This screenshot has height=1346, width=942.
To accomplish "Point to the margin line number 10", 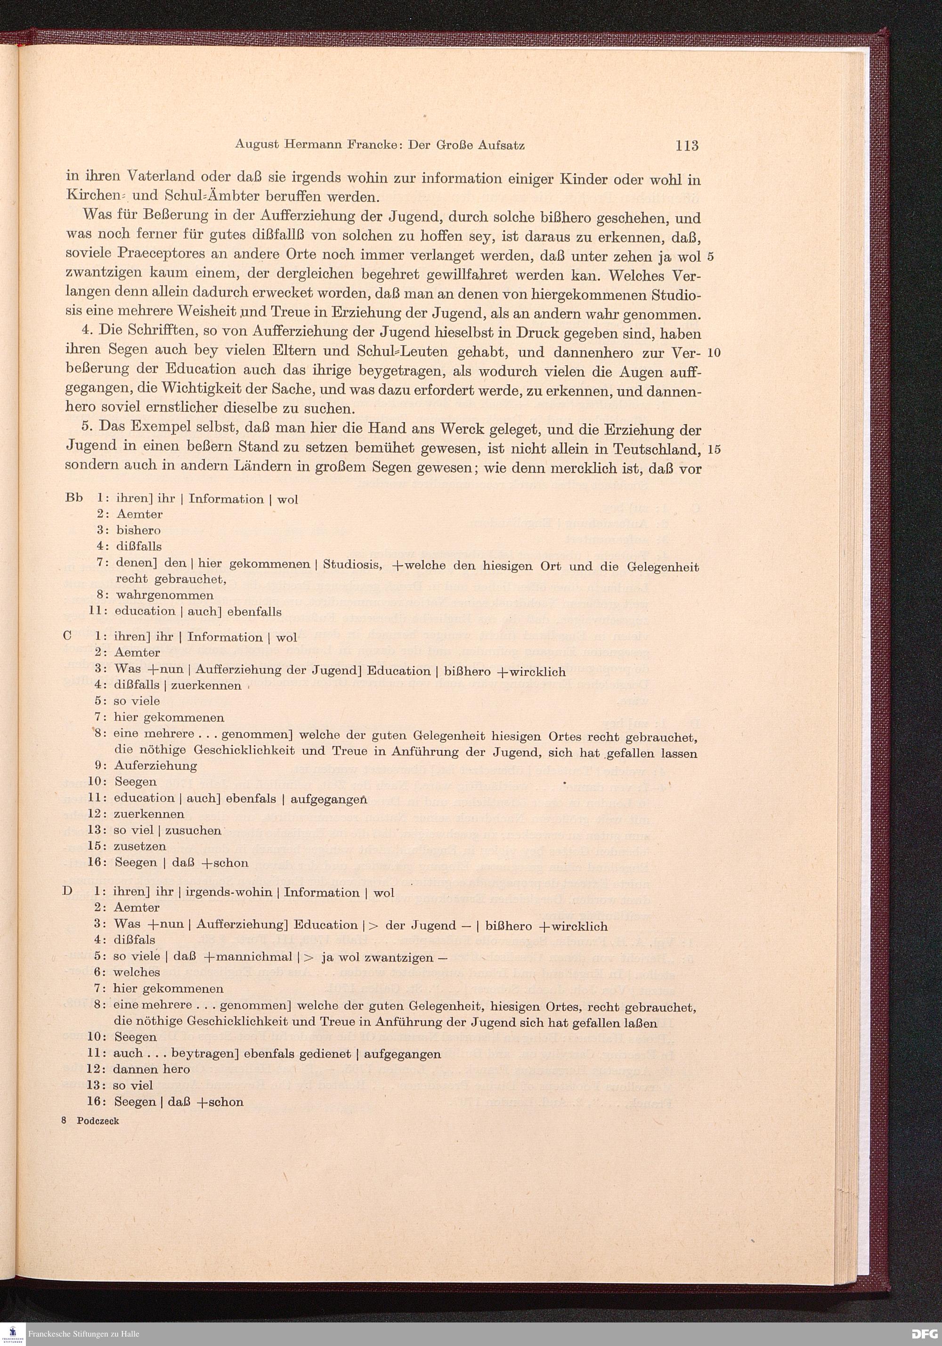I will (x=714, y=353).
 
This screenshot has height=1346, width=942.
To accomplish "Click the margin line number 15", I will (x=714, y=449).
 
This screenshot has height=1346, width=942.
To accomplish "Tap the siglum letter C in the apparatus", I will (x=67, y=636).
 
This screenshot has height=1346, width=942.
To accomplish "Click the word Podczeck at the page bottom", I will (x=97, y=1121).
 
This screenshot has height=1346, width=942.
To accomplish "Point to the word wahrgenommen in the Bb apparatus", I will (x=165, y=596).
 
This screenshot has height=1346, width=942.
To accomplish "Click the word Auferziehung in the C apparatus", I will (x=155, y=766).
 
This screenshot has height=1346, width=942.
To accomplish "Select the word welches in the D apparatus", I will (x=137, y=972).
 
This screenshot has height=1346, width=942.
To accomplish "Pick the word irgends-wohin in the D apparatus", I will (x=228, y=892).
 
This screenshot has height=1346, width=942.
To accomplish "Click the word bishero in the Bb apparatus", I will (x=138, y=530).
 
